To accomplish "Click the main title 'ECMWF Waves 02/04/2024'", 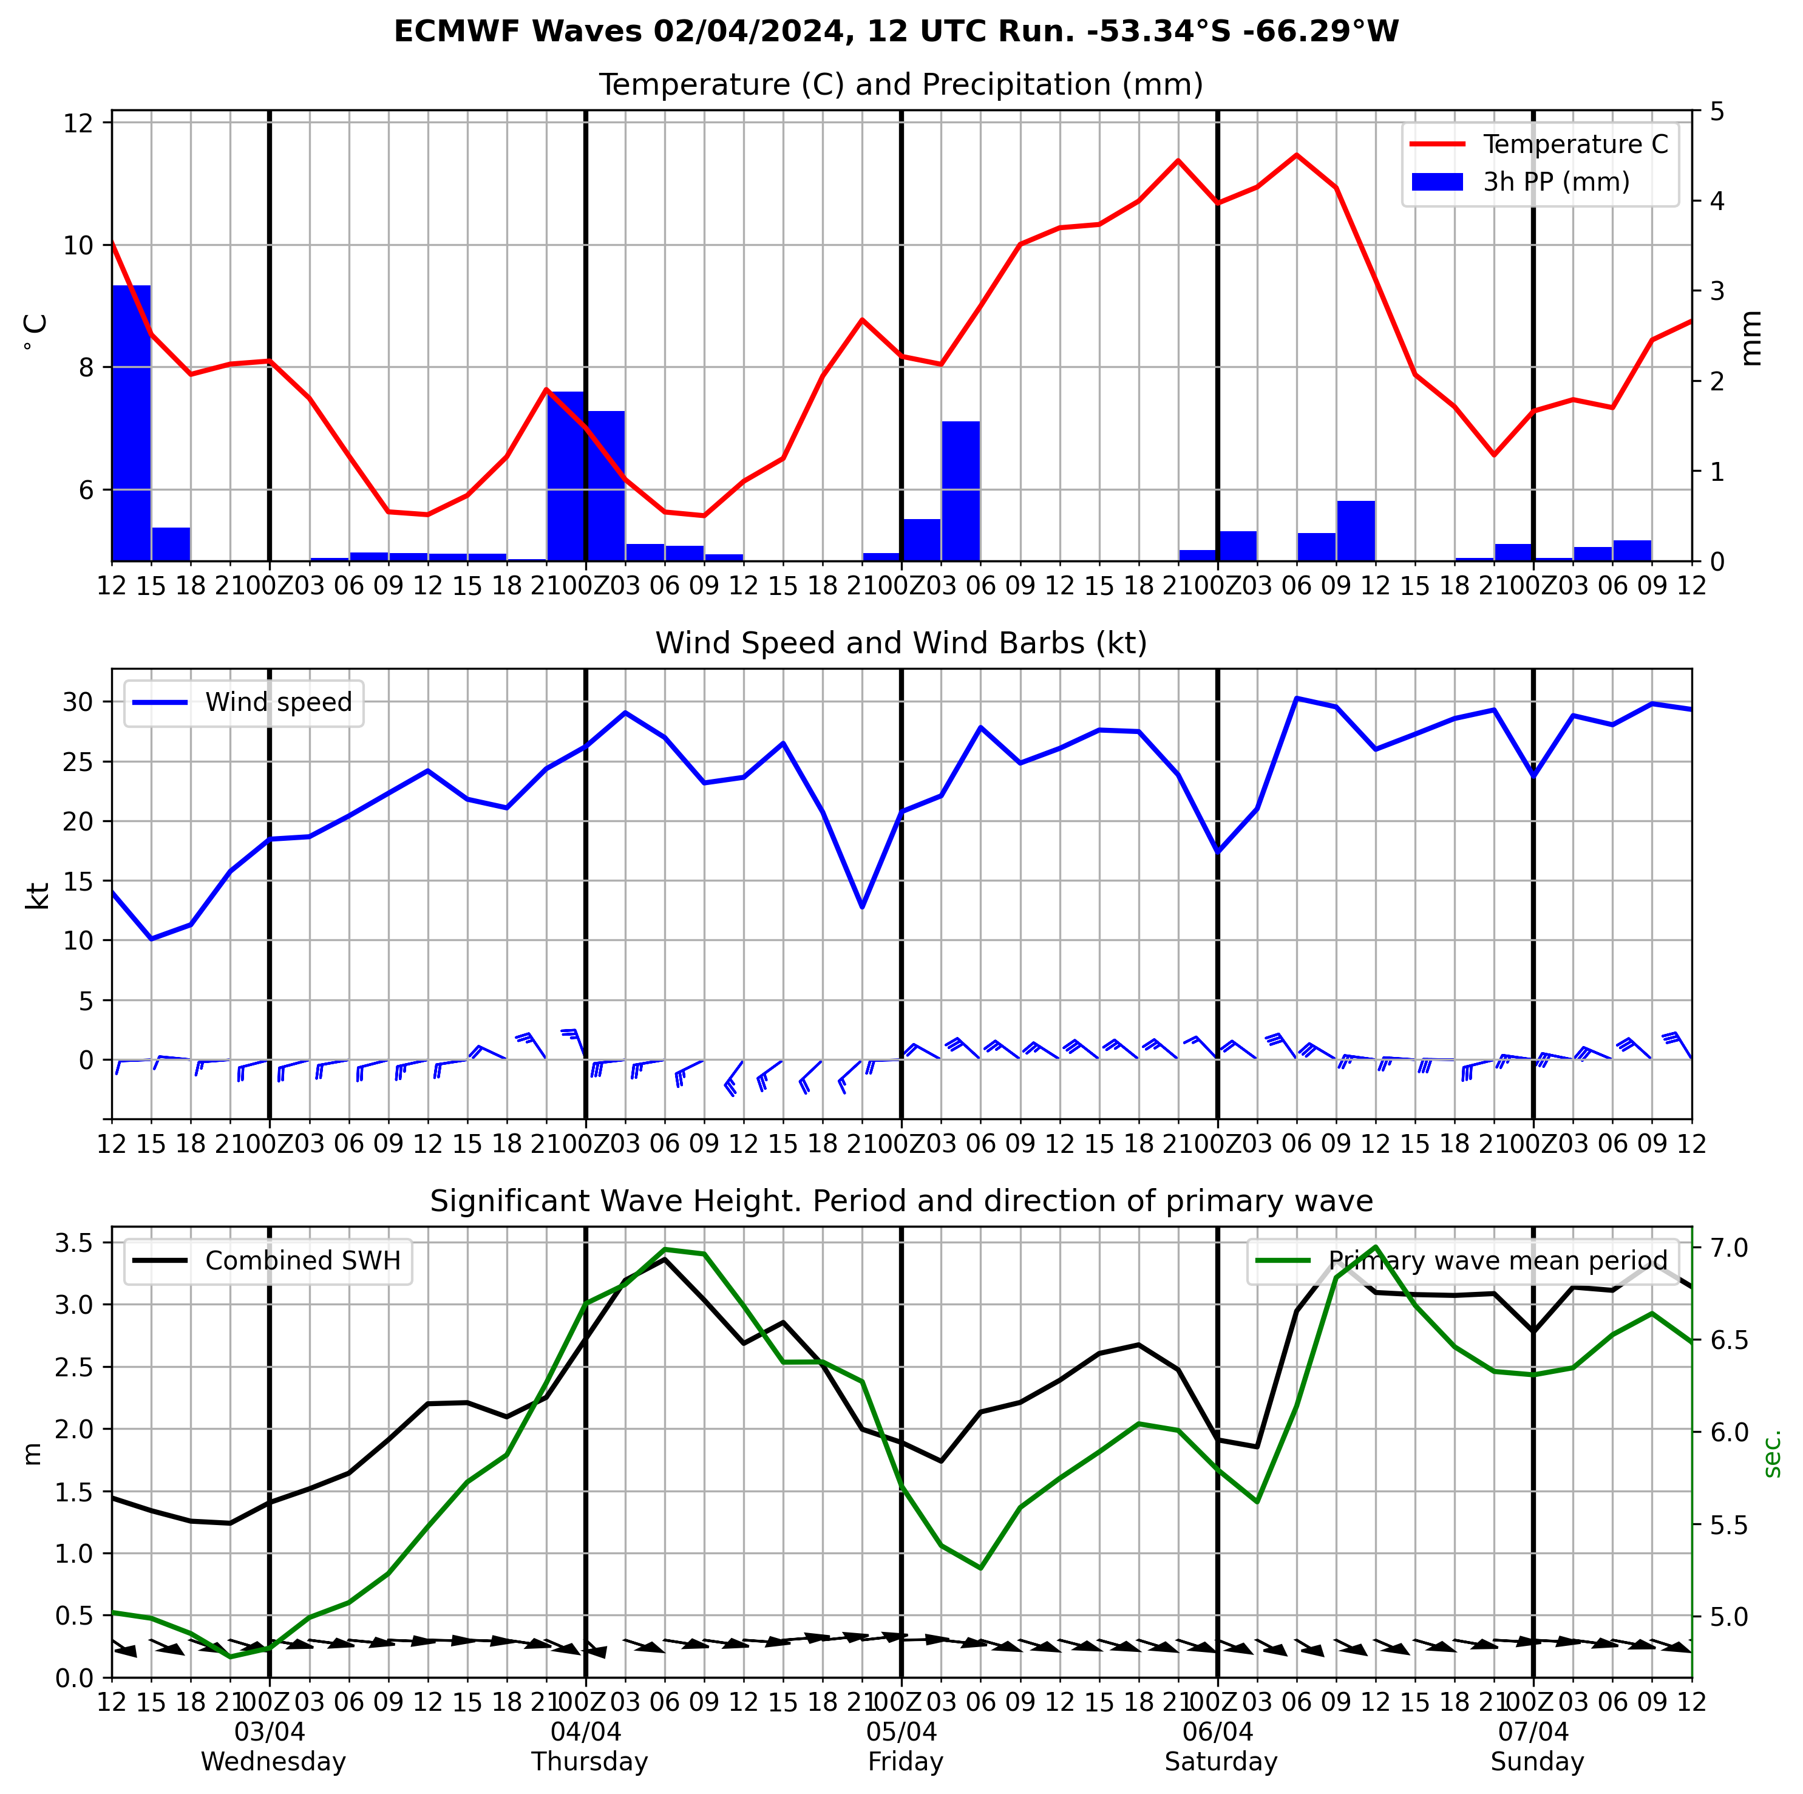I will tap(896, 32).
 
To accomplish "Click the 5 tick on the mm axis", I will tap(1715, 112).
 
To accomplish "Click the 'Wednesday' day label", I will tap(273, 1762).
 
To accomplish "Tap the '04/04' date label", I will tap(586, 1733).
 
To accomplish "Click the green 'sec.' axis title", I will tap(1773, 1453).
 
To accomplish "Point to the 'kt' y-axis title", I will tap(37, 894).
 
